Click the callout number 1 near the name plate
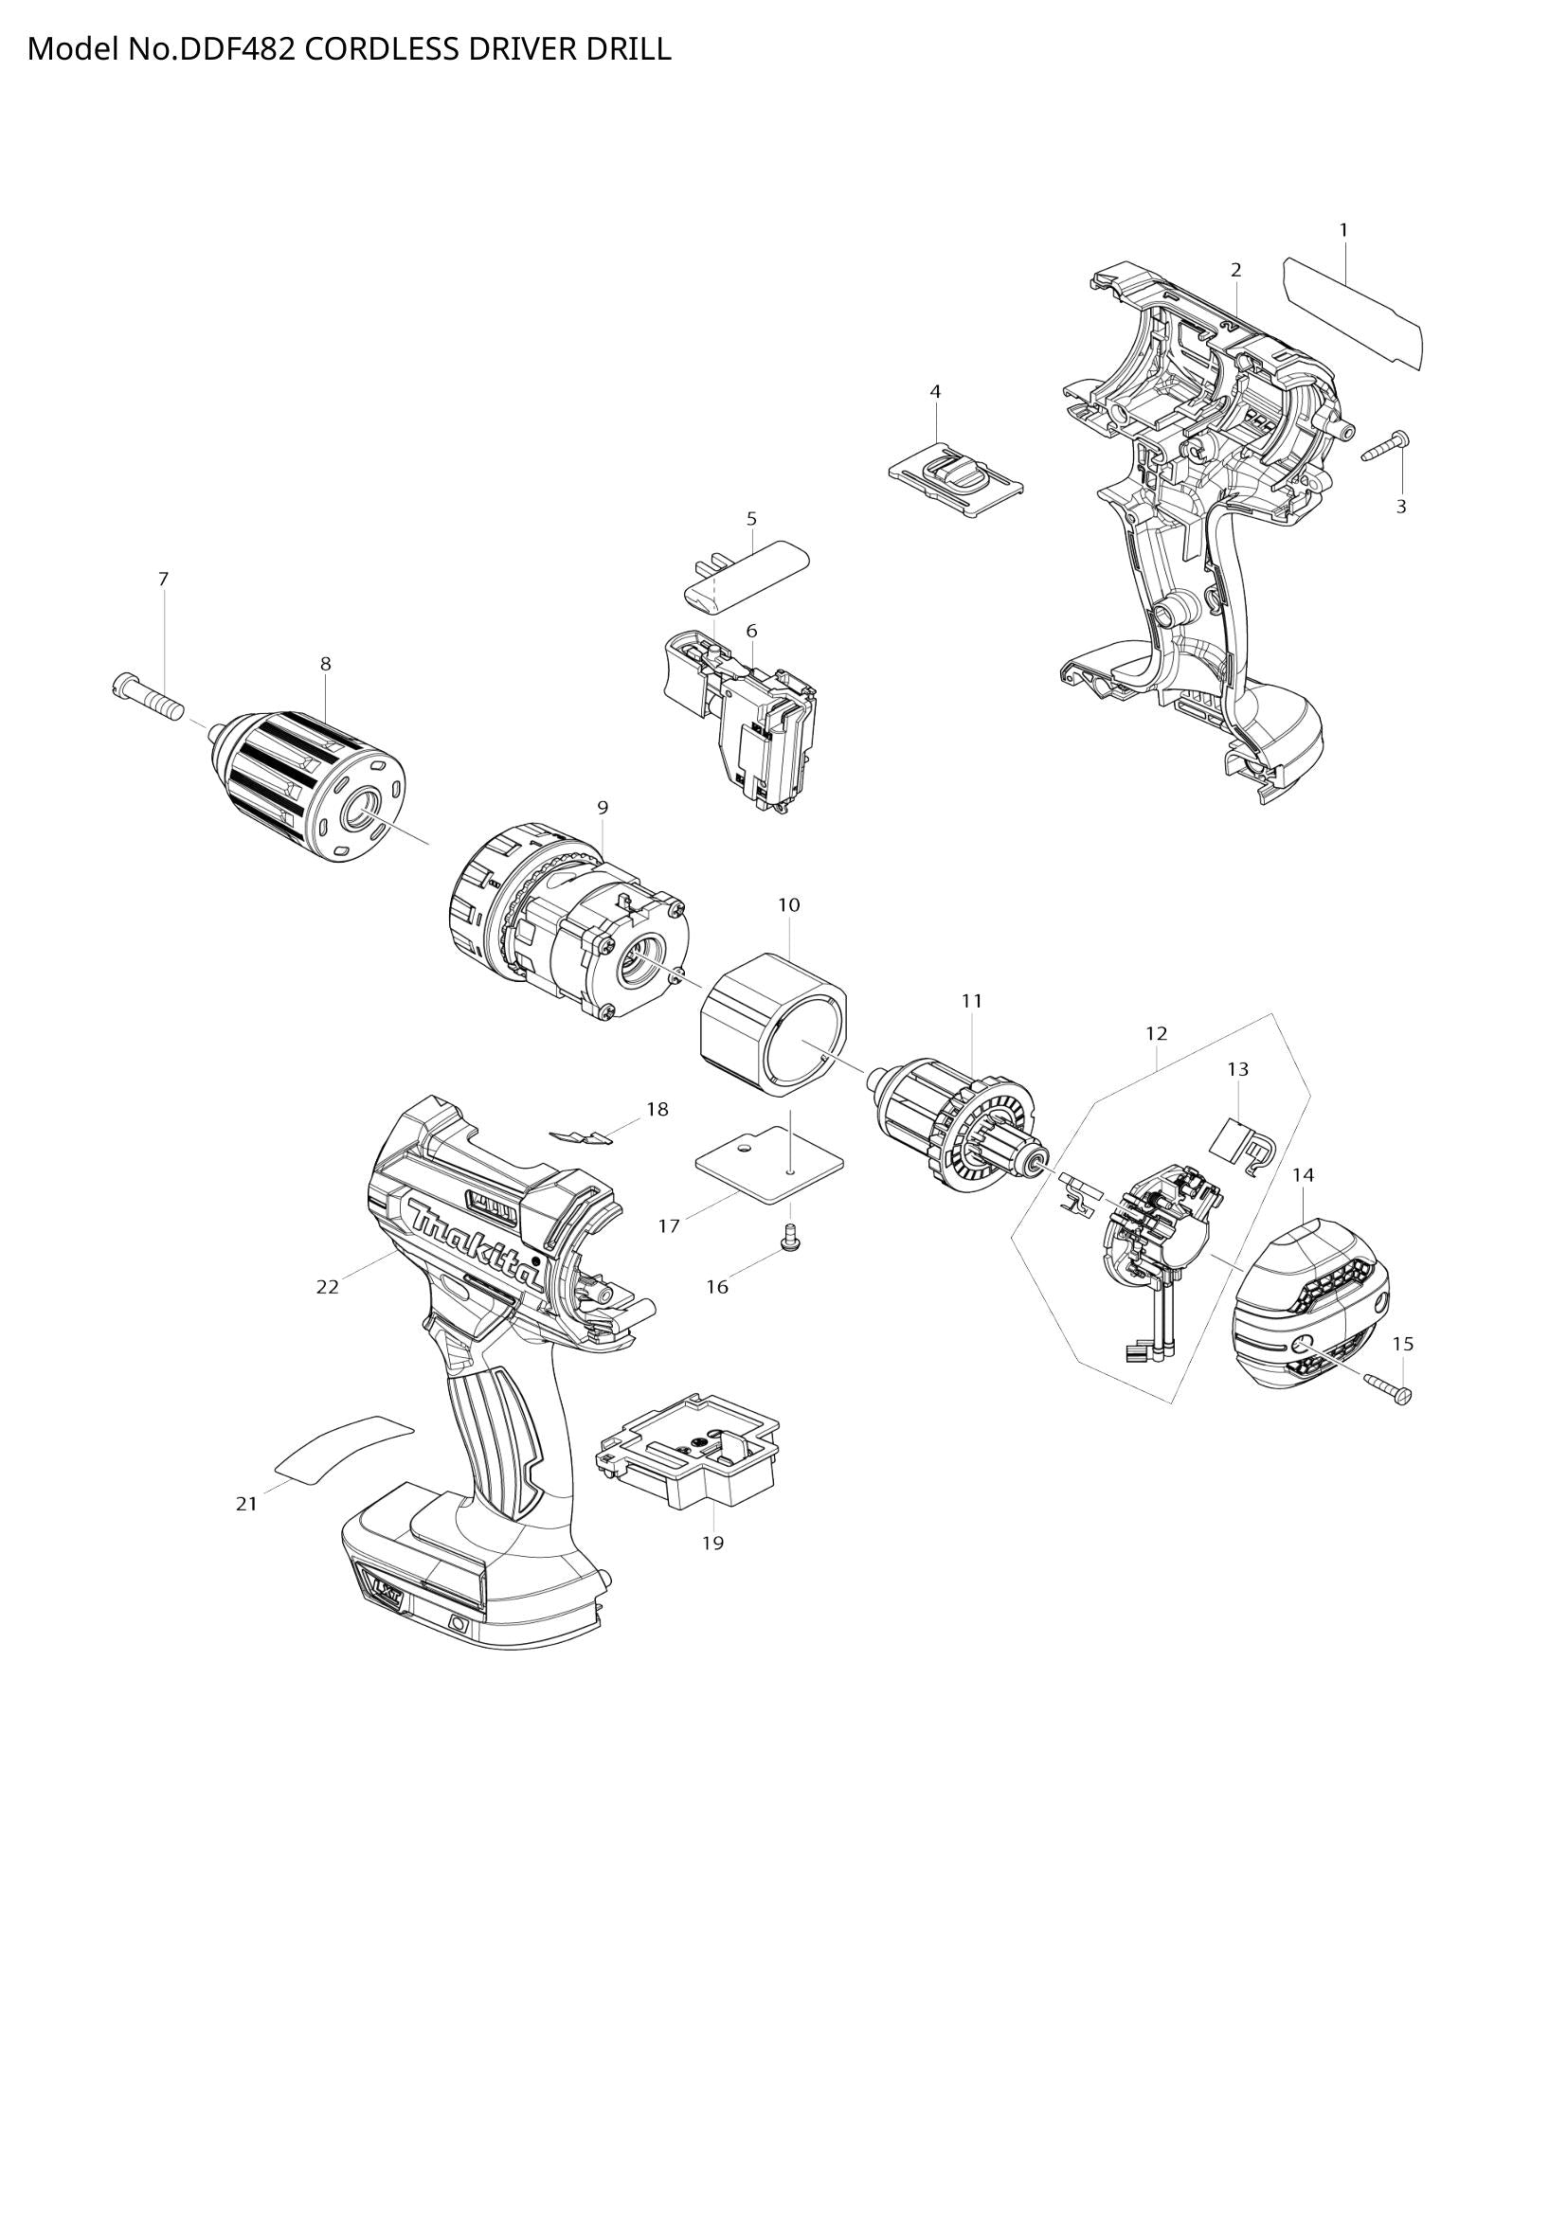[1343, 230]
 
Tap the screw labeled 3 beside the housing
[1386, 448]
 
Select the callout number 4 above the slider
[935, 392]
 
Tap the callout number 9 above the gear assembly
[603, 808]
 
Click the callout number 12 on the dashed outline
[1156, 1033]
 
